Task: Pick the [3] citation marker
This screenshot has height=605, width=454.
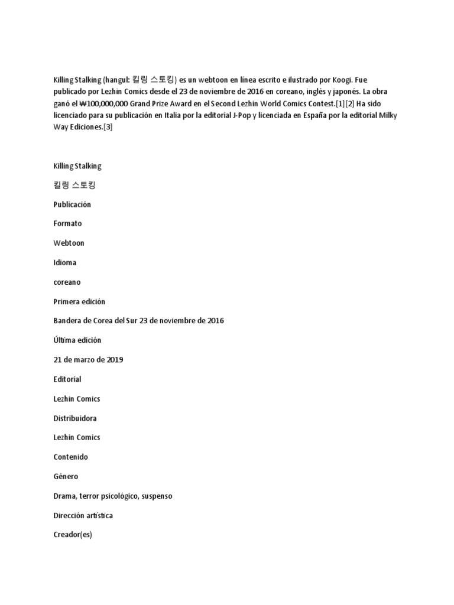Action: (108, 127)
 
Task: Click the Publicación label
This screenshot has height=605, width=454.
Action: (72, 204)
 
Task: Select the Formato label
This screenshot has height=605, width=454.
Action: (67, 224)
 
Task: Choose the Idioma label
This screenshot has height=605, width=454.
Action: (65, 262)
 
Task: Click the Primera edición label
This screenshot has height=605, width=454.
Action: (79, 301)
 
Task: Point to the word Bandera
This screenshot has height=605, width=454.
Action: (67, 321)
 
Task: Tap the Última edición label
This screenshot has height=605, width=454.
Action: (77, 340)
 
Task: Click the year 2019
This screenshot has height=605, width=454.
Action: (113, 360)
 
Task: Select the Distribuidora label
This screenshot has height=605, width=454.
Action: (75, 418)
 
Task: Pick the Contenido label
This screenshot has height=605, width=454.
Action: (70, 457)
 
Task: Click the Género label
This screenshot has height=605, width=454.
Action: (66, 477)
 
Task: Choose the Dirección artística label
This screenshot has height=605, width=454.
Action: (83, 516)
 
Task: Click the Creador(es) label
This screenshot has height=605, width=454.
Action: (73, 535)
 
